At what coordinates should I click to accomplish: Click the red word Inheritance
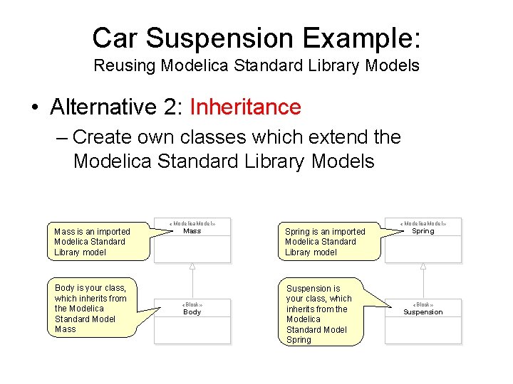(246, 107)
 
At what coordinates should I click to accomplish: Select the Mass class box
(192, 240)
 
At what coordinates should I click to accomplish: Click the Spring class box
(423, 240)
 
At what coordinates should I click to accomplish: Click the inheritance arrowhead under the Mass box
(192, 267)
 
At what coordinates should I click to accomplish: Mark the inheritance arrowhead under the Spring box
(423, 267)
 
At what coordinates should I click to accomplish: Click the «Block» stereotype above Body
(192, 304)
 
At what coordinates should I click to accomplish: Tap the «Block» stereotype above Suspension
(423, 304)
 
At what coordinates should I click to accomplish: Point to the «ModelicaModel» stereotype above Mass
(192, 223)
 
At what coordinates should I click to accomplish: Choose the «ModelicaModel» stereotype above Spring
(423, 223)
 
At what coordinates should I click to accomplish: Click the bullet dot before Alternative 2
(34, 108)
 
